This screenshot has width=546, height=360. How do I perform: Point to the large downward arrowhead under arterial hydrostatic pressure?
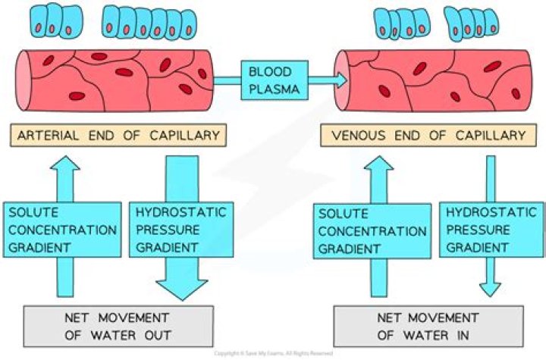pyautogui.click(x=182, y=286)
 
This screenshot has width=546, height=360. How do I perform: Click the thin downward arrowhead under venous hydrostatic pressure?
pyautogui.click(x=490, y=290)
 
